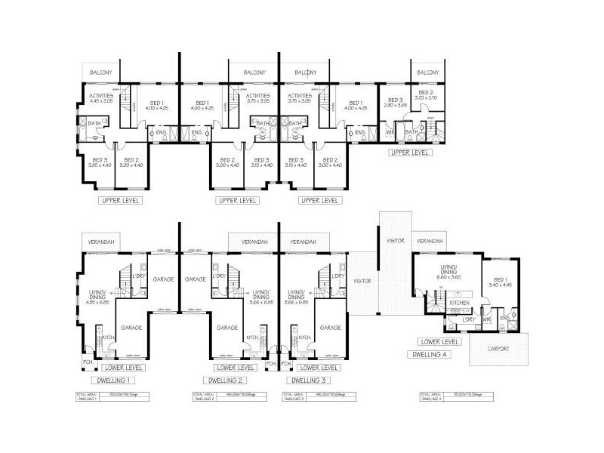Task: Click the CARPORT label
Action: (x=498, y=349)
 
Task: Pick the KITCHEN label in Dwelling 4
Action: (x=460, y=302)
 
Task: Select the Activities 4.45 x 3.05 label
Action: (x=101, y=98)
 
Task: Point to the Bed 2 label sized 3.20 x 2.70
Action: (x=427, y=95)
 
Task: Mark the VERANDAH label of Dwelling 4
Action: (x=429, y=241)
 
